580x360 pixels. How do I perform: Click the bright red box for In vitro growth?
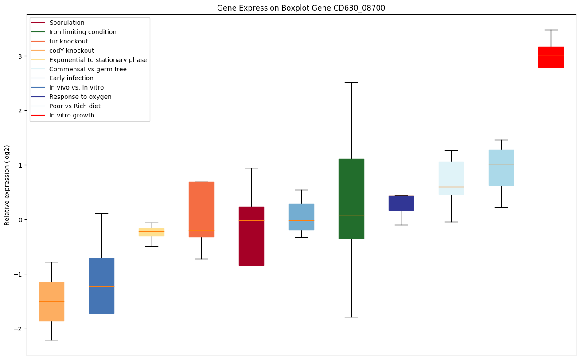tap(551, 57)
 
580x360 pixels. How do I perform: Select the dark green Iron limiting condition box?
tap(351, 199)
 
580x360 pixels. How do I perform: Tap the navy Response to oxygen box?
tap(401, 203)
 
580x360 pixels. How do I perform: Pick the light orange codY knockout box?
tap(51, 301)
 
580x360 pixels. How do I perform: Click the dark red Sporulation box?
tap(251, 236)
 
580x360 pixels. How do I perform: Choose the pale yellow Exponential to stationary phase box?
tap(152, 232)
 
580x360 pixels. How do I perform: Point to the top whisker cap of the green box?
tap(351, 82)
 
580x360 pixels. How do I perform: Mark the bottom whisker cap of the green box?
tap(351, 317)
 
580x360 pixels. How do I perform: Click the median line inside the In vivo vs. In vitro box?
tap(101, 286)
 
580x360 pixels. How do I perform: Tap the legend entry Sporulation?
tap(66, 23)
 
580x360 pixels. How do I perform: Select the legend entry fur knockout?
tap(68, 41)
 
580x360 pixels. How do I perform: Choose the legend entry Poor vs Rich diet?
tap(74, 106)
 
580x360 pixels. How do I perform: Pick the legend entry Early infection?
tap(71, 78)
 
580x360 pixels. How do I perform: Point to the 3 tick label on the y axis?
tap(19, 56)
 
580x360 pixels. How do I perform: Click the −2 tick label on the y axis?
tap(18, 329)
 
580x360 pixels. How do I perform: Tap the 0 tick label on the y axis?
tap(19, 220)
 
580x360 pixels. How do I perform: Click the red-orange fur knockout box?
tap(201, 209)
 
